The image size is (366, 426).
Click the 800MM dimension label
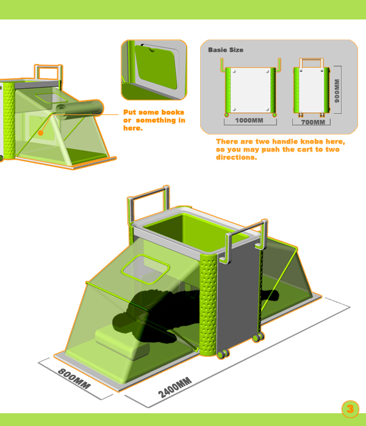coord(74,379)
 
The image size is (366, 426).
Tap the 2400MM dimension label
coord(175,388)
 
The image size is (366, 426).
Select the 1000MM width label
coord(249,120)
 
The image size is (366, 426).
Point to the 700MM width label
coord(313,122)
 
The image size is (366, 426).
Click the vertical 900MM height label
coord(337,91)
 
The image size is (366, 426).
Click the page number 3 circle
coord(350,409)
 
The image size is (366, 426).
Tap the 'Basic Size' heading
coord(226,50)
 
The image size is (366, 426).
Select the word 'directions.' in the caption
coord(237,157)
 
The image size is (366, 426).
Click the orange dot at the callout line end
coord(41,133)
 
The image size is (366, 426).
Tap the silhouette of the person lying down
coord(163,315)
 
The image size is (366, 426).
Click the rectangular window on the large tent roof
coord(145,270)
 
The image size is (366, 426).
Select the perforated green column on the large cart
coord(209,304)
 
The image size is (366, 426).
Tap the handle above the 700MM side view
coord(312,63)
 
